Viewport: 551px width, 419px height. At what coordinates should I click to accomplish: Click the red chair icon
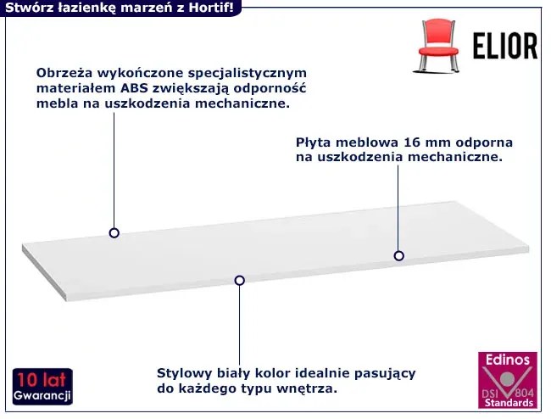pos(437,46)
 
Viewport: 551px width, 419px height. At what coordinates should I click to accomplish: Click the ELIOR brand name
pos(505,46)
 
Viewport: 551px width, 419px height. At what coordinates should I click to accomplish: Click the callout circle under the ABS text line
pos(114,232)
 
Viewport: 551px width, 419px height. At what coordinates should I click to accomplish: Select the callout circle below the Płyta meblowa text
pos(398,255)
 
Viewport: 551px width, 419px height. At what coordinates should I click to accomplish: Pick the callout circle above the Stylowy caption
pos(240,280)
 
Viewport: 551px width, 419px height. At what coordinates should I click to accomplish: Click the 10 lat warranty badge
pos(42,386)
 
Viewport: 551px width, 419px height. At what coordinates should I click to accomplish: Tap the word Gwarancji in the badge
pos(42,395)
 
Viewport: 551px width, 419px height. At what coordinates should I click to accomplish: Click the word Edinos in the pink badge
pos(508,360)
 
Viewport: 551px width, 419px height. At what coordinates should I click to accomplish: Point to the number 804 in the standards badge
pos(525,393)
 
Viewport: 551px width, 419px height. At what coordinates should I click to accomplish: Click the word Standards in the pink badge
pos(509,403)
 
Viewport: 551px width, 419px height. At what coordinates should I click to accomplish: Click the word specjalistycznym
pos(247,74)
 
